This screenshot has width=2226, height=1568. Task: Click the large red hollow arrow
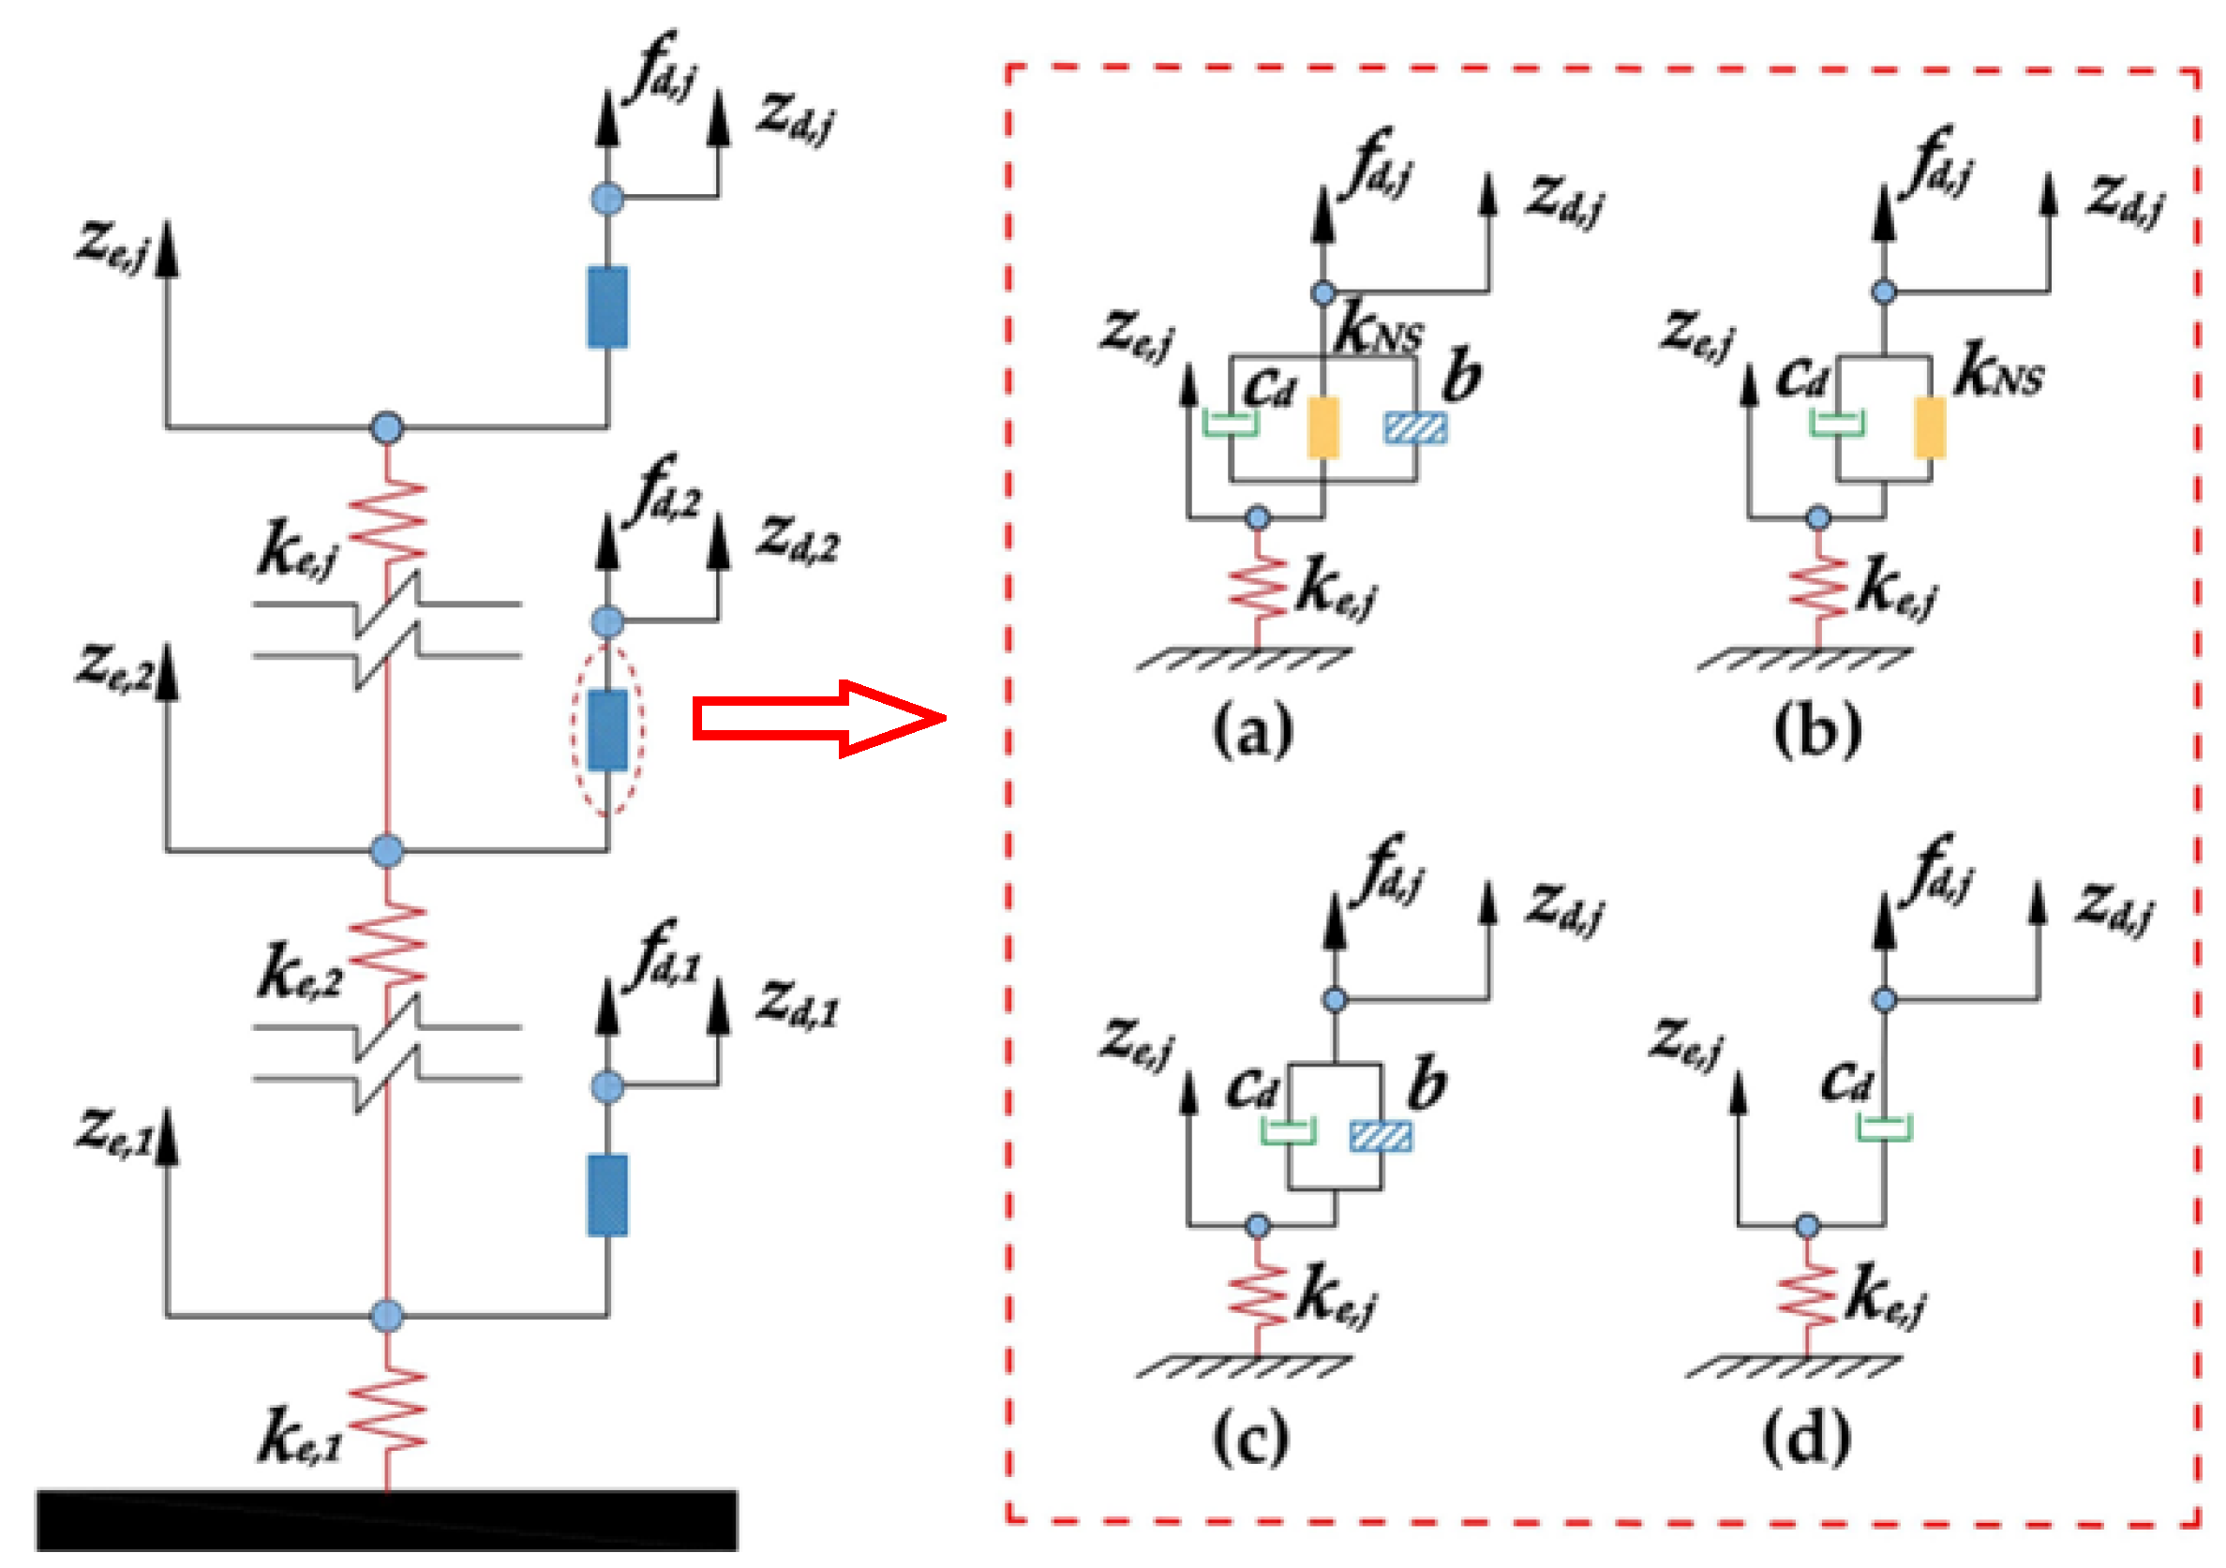819,719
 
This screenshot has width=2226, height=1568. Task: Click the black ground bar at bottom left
387,1519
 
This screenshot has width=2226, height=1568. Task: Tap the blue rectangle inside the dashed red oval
608,730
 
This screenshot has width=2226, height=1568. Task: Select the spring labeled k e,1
387,1411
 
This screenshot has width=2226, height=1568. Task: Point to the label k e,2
301,971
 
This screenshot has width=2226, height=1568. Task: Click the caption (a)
1252,730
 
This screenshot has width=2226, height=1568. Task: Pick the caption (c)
1250,1438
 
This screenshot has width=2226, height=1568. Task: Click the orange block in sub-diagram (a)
1323,426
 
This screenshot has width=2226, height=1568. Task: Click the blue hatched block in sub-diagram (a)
1416,427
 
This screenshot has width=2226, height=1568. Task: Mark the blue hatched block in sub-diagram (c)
1382,1137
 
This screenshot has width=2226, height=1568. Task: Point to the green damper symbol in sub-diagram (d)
1885,1127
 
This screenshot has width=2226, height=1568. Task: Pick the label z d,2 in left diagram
798,541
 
